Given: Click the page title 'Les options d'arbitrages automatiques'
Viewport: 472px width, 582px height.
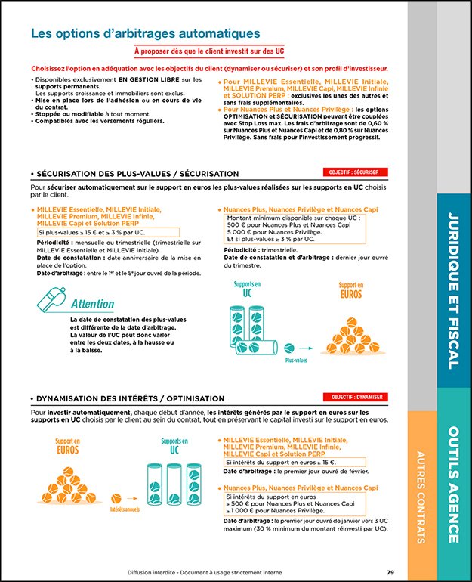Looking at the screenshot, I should [x=145, y=34].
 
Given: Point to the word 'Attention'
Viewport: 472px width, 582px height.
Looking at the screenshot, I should [x=92, y=304].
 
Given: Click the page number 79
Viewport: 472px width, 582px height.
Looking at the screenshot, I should [x=390, y=572].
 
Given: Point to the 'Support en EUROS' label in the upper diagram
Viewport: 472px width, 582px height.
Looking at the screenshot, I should [x=350, y=290].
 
